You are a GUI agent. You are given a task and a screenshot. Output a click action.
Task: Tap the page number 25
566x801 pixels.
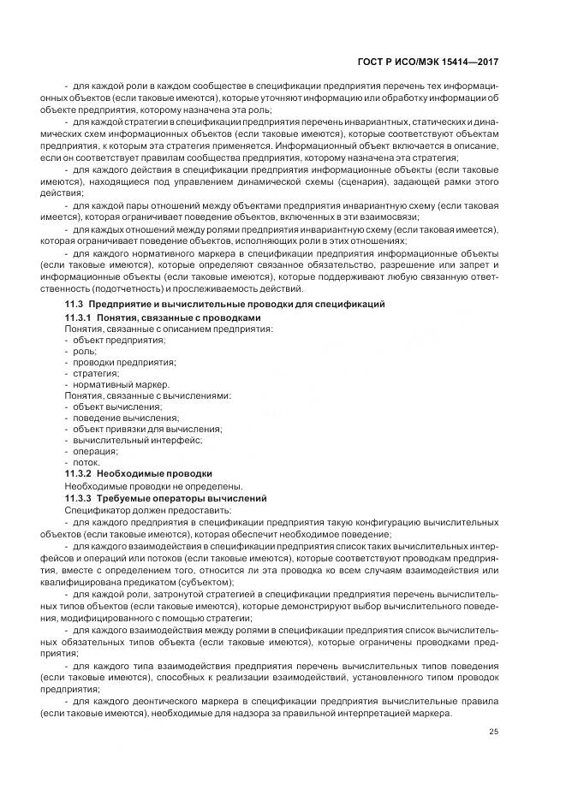click(493, 730)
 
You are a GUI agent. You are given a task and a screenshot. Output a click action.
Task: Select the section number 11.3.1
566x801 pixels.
click(80, 317)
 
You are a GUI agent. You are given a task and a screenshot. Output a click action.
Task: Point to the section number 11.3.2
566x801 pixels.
click(80, 473)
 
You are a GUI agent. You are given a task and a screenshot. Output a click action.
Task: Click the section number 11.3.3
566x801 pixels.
click(80, 497)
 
